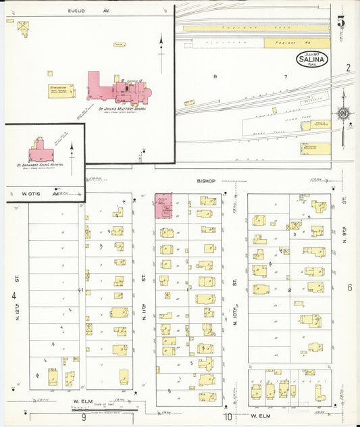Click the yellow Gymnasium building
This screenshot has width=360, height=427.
coord(58,91)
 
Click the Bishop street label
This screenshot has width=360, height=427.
coord(205,182)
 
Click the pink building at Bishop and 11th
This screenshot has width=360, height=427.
coord(163,206)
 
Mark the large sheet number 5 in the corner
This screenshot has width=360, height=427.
coord(342,22)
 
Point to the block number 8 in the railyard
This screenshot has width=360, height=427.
coord(215,77)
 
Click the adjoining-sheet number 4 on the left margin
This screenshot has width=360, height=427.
coord(13,296)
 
